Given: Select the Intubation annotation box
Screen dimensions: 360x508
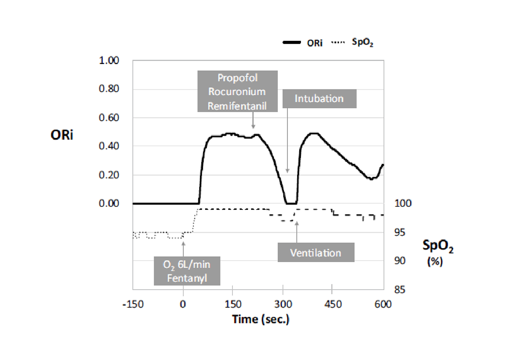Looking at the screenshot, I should (x=319, y=99).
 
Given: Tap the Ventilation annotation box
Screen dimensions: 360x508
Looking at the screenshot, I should (x=316, y=253).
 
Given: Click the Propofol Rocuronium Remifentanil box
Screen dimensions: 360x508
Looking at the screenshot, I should (x=238, y=91).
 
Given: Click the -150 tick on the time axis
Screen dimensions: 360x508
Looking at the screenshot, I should (x=132, y=304).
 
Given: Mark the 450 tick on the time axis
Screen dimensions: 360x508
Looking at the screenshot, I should (x=332, y=304).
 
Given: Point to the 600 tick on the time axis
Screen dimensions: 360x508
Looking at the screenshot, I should (x=383, y=304).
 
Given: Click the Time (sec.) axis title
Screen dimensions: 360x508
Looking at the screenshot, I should (x=260, y=319).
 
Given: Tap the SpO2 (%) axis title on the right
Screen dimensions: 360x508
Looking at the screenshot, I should (x=438, y=252).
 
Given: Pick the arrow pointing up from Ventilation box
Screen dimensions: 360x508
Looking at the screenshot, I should (x=297, y=232).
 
